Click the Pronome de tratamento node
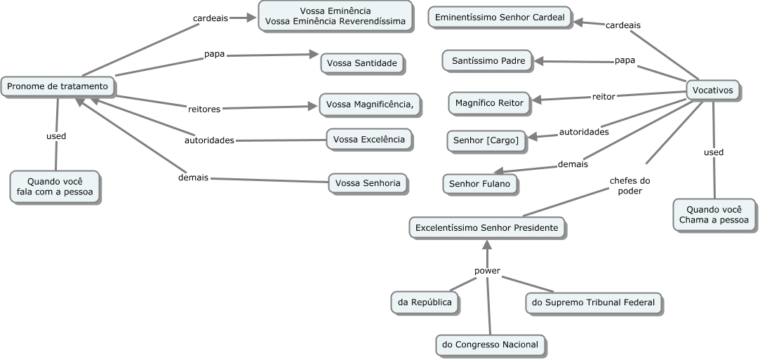click(x=58, y=87)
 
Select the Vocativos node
click(x=712, y=91)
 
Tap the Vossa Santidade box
click(x=362, y=64)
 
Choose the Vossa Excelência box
click(x=369, y=140)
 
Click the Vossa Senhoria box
click(x=368, y=184)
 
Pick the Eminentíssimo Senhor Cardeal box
click(x=500, y=18)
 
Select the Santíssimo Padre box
click(x=488, y=61)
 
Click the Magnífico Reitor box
click(x=489, y=103)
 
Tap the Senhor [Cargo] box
click(x=486, y=141)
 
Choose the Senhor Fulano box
click(x=481, y=185)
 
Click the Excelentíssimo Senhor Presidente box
click(x=487, y=228)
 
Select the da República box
click(x=425, y=302)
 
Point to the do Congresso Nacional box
click(x=491, y=345)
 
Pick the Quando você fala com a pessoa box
click(x=55, y=187)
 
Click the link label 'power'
click(x=487, y=269)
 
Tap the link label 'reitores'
click(x=204, y=109)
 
